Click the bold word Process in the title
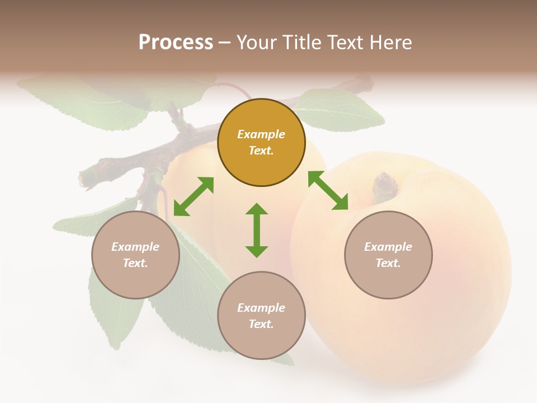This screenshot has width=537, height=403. point(176,43)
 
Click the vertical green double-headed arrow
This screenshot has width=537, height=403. point(257,230)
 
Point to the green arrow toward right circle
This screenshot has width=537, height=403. point(328,190)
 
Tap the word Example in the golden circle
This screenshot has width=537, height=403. point(261,134)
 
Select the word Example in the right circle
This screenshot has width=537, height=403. point(388,247)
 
